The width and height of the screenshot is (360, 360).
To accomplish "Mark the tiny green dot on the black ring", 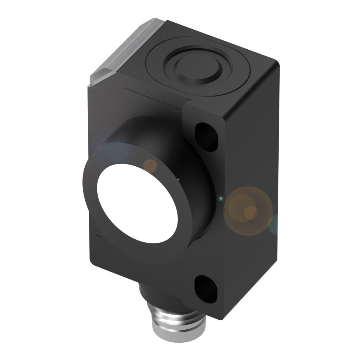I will tap(177, 179).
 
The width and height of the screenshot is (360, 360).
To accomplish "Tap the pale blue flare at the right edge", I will tap(274, 224).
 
